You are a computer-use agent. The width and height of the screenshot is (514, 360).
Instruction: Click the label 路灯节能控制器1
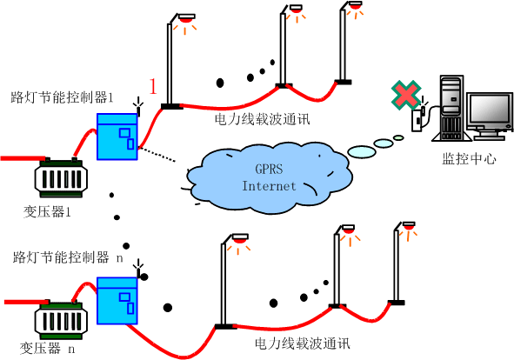coord(62,97)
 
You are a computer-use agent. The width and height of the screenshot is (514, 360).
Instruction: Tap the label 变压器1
coord(47,212)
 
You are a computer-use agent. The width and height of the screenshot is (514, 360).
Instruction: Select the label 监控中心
coord(469,158)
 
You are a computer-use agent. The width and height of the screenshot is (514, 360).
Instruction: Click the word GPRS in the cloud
coord(269,169)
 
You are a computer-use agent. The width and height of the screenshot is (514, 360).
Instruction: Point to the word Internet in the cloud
coord(269,186)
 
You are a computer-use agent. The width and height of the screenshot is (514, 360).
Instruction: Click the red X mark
coord(406,95)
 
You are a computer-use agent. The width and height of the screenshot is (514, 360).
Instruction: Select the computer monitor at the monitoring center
coord(490,116)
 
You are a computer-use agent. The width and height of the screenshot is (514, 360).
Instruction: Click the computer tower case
coord(451,108)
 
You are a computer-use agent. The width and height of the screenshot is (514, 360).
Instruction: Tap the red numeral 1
coord(153,87)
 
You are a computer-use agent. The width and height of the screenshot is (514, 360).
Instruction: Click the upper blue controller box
coord(117,137)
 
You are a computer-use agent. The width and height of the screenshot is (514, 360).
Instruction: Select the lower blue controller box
coord(117,301)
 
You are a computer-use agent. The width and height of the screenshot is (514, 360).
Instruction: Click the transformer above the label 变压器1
coord(61,177)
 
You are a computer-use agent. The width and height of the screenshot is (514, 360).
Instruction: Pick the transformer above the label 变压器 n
coord(61,320)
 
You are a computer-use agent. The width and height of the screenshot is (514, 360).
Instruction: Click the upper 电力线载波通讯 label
coord(263,119)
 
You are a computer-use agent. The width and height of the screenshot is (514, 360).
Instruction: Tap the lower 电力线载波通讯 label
coord(303,343)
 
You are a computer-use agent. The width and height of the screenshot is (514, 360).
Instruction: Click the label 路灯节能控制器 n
coord(68,257)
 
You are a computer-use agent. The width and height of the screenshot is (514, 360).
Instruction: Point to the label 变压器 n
coord(48,348)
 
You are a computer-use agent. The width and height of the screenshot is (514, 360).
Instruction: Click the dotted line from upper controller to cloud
coord(157,155)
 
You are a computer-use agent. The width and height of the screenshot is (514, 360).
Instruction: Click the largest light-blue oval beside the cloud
coord(362,151)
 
